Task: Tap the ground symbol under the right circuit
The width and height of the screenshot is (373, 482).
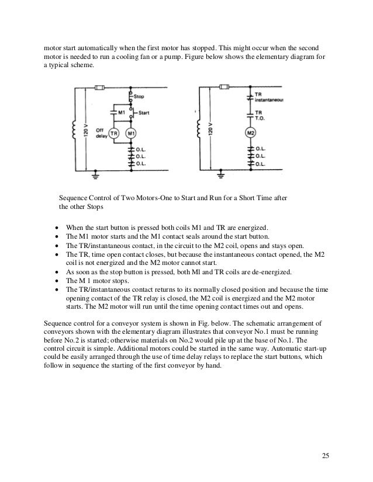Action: (x=220, y=174)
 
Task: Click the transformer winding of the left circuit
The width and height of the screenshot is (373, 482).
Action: (x=74, y=131)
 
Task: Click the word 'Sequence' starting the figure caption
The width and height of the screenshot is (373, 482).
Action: (x=75, y=198)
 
